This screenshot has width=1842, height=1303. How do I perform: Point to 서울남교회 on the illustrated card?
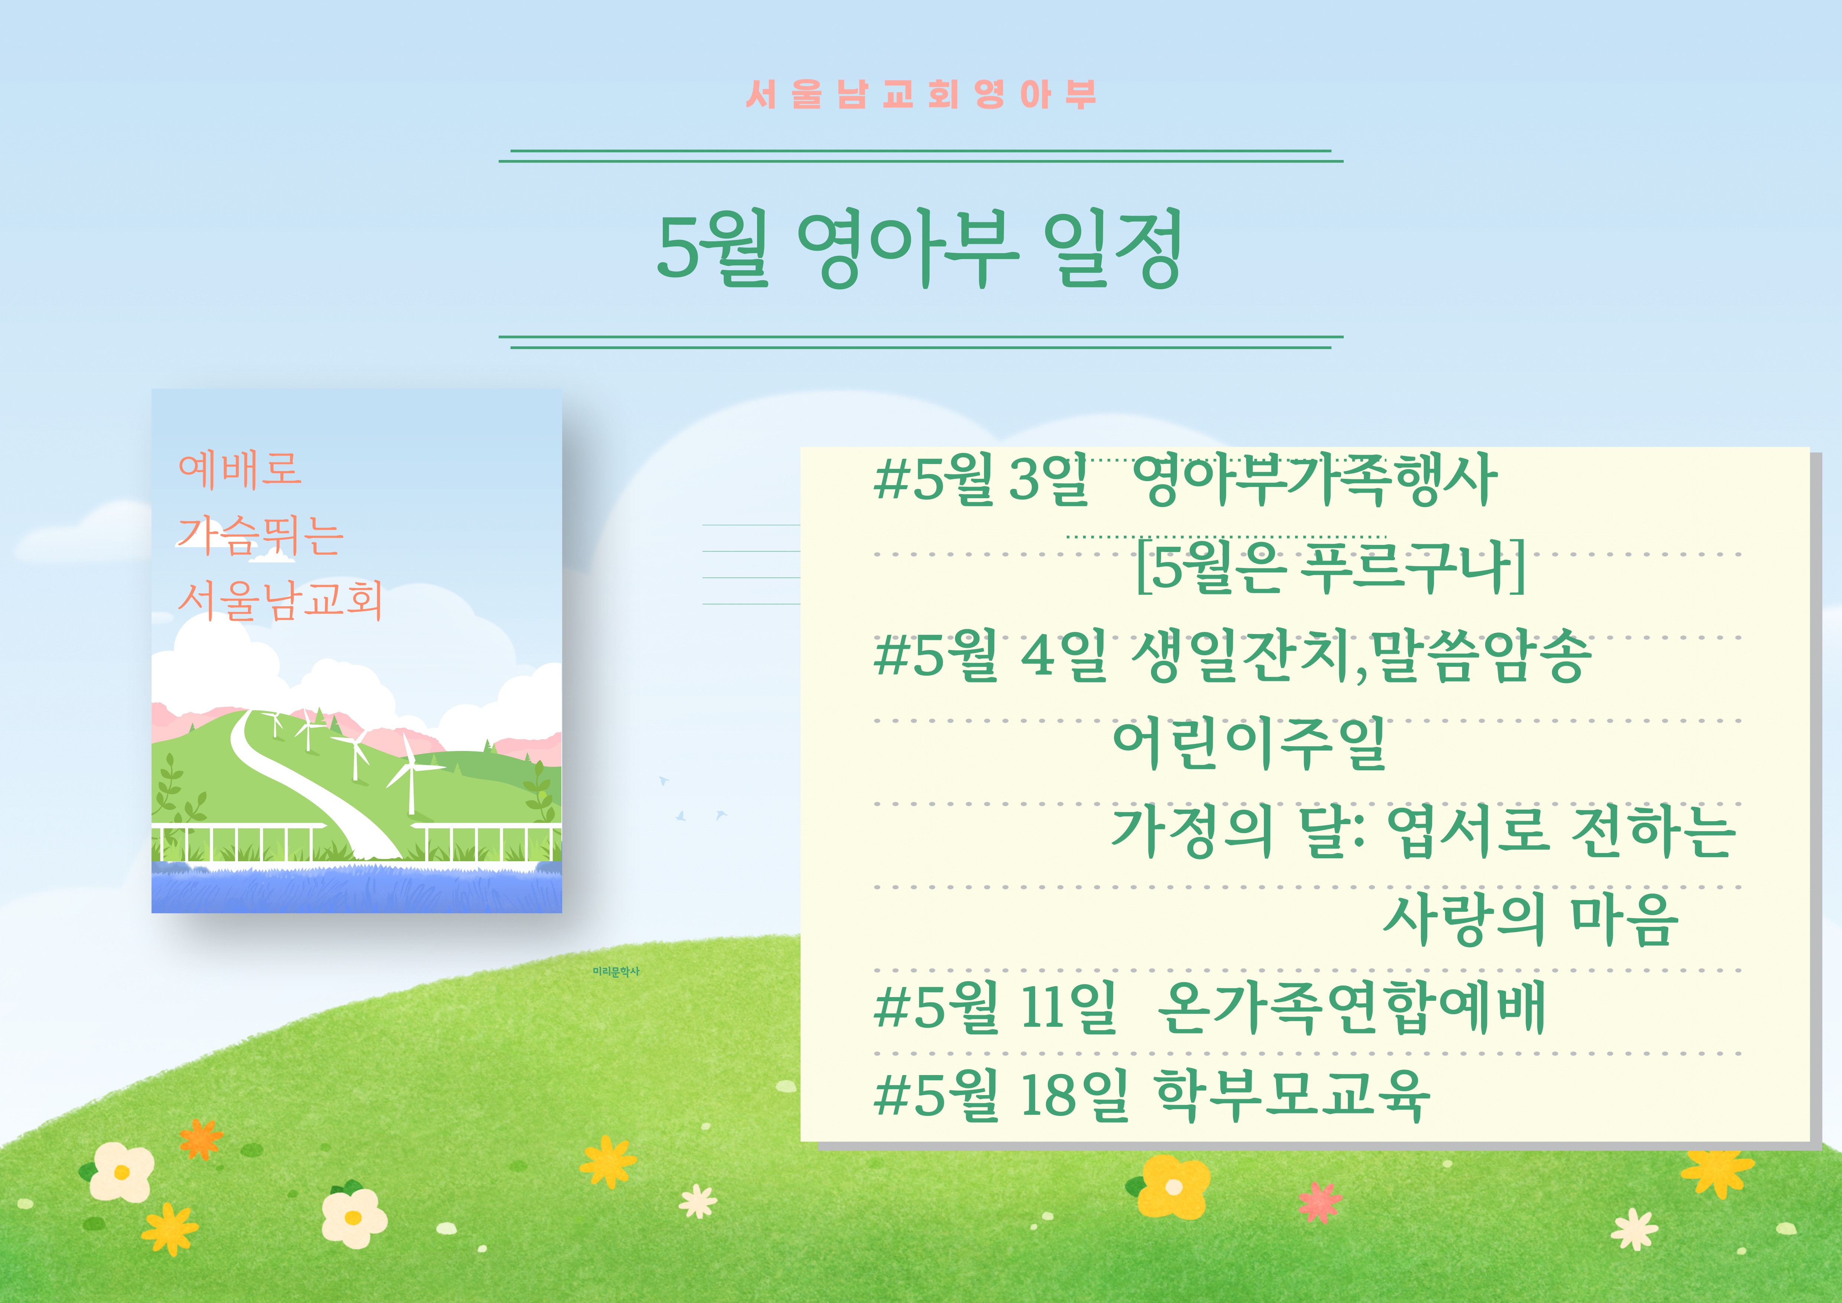tap(279, 600)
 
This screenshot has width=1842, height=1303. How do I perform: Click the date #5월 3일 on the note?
tap(980, 480)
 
